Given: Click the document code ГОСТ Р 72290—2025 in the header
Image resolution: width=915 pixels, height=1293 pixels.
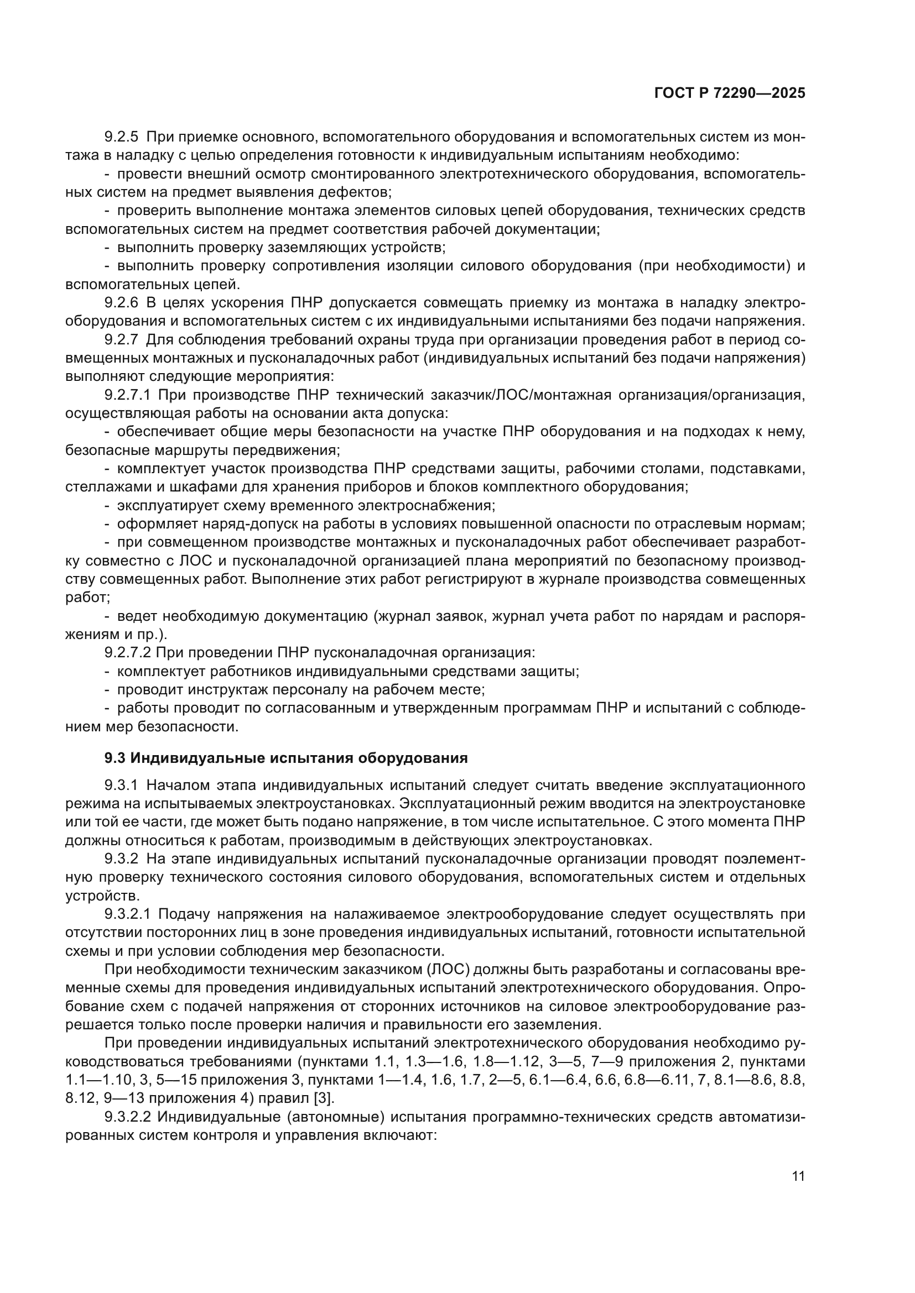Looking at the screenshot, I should click(x=730, y=93).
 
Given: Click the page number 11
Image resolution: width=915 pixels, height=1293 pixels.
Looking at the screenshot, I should click(x=798, y=1176).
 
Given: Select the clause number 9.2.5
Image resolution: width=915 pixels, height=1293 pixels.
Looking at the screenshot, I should click(x=121, y=137).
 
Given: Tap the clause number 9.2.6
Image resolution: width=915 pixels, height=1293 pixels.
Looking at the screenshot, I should click(x=121, y=303).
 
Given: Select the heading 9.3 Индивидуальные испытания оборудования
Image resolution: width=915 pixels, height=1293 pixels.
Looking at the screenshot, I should click(x=286, y=758).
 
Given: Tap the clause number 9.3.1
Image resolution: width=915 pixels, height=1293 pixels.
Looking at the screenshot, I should click(x=121, y=786).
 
